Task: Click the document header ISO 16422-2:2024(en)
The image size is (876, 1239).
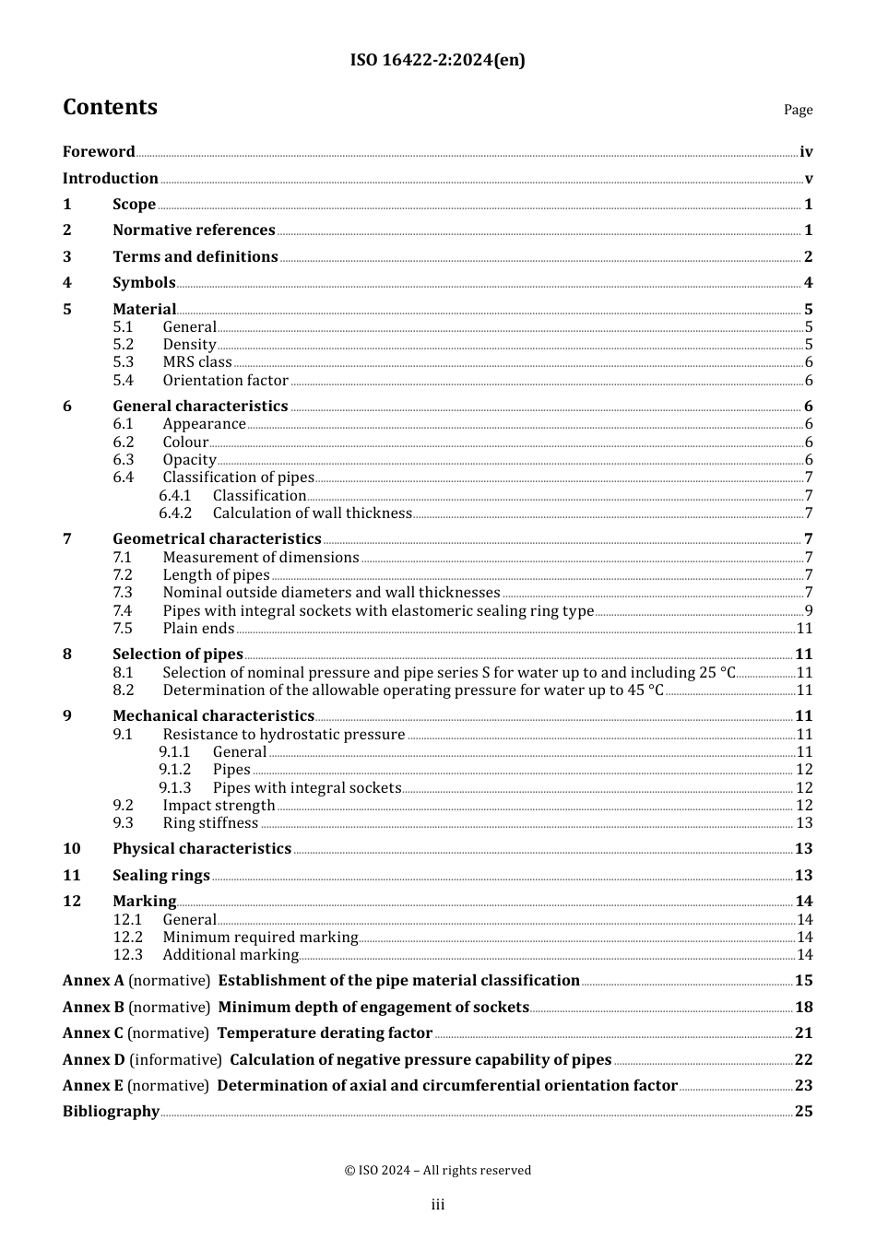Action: point(437,61)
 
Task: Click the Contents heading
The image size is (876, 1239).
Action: point(110,107)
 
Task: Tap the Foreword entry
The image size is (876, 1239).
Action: point(99,152)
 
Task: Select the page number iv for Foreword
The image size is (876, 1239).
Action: point(806,152)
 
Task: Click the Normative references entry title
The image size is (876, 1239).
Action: point(194,230)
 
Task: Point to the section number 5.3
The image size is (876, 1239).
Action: point(124,362)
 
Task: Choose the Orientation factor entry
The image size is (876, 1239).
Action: point(226,381)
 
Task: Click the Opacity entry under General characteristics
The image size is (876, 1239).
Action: point(189,460)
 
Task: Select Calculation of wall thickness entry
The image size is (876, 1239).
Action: point(312,513)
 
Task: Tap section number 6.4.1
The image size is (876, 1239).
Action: point(175,496)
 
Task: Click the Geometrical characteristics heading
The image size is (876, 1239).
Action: point(217,539)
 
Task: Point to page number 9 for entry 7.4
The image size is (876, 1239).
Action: point(808,611)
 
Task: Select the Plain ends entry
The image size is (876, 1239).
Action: point(198,629)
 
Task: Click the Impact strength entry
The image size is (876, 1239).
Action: point(219,806)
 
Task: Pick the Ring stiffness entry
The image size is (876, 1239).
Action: point(210,823)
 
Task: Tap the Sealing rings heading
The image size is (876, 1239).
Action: point(161,876)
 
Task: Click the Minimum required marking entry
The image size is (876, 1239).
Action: point(260,938)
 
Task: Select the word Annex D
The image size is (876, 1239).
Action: point(93,1060)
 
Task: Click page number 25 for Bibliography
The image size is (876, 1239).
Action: point(803,1112)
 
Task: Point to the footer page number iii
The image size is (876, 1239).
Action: point(438,1205)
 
